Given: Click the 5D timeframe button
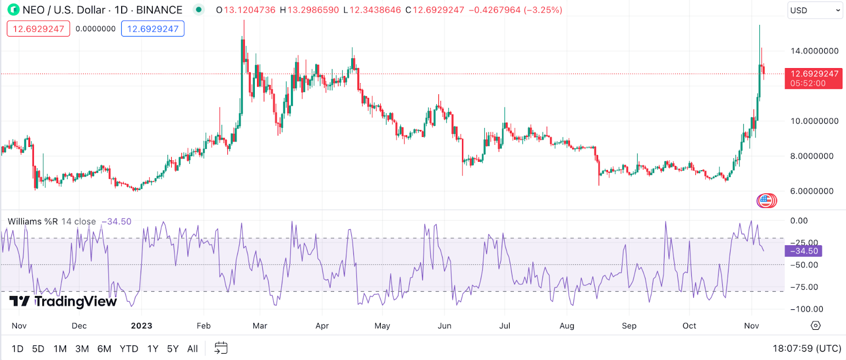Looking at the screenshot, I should click(38, 349).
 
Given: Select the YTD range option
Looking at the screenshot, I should click(128, 349).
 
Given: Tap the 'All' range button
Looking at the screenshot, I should click(192, 349).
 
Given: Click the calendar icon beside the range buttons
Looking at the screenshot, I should click(221, 348).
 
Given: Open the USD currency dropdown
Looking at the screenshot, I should click(814, 11).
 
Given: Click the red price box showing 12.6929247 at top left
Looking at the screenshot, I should click(38, 29).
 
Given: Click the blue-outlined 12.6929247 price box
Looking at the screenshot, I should click(153, 29).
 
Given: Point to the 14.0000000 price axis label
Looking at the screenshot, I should click(814, 51).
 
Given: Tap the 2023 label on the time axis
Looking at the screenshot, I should click(141, 326).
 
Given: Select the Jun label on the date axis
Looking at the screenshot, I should click(445, 326).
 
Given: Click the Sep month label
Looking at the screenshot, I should click(629, 326).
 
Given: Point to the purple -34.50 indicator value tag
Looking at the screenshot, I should click(803, 251).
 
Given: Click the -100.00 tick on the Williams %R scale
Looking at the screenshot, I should click(806, 309).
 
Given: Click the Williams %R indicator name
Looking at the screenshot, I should click(33, 221).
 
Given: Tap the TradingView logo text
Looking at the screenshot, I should click(75, 301).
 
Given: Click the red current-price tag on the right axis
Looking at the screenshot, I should click(813, 78).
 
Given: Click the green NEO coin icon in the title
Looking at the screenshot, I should click(13, 10).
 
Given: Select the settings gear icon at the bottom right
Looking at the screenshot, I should click(816, 326).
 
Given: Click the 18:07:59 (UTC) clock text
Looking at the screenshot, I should click(807, 348).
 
